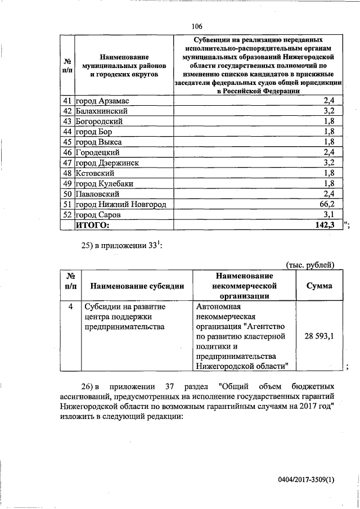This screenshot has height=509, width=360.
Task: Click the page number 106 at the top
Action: pyautogui.click(x=197, y=26)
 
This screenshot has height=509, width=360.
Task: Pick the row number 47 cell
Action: pyautogui.click(x=67, y=163)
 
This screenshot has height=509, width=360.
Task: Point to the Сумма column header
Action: pyautogui.click(x=318, y=286)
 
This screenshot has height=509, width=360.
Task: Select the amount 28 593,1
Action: pyautogui.click(x=319, y=336)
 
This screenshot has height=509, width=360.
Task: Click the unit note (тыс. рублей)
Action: pyautogui.click(x=310, y=264)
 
